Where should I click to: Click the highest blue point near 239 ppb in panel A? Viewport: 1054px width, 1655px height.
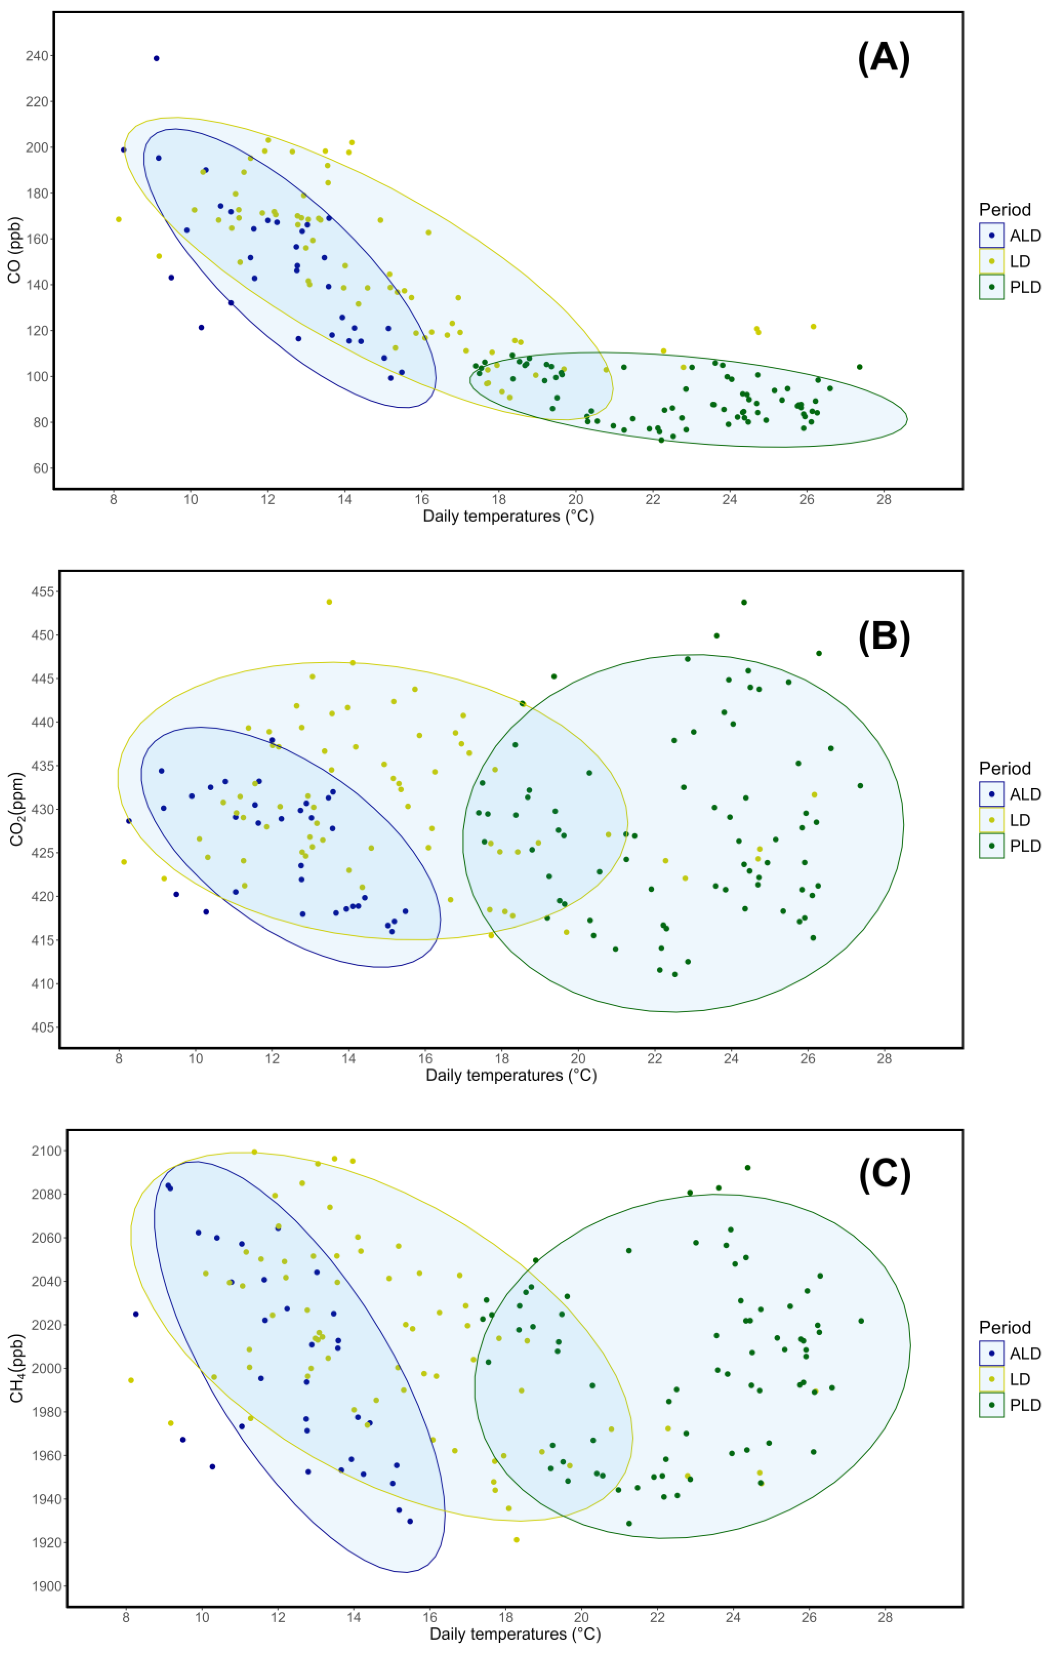(x=156, y=58)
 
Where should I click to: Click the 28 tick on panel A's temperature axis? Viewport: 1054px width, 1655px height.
(x=884, y=500)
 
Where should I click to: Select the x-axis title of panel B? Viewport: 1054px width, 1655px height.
(x=511, y=1076)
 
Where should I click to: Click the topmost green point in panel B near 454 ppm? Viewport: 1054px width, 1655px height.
(x=743, y=602)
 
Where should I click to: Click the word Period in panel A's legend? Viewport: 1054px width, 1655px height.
(x=1004, y=210)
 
